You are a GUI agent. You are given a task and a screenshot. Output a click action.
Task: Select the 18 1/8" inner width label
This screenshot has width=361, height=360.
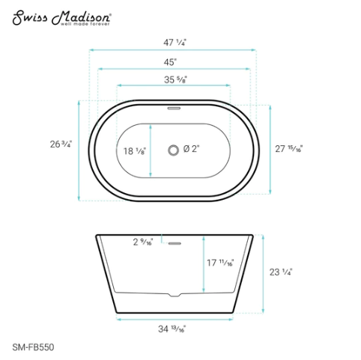click(x=133, y=151)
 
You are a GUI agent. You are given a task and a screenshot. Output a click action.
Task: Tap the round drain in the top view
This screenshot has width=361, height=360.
click(x=174, y=150)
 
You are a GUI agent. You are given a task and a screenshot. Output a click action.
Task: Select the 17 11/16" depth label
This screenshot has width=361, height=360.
click(x=222, y=263)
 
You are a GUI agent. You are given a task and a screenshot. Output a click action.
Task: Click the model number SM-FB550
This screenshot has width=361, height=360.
click(x=32, y=347)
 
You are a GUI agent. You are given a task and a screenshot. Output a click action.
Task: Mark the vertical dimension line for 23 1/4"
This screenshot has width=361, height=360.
click(x=264, y=273)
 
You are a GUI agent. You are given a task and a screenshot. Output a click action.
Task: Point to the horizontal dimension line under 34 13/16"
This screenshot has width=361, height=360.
click(x=173, y=319)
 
